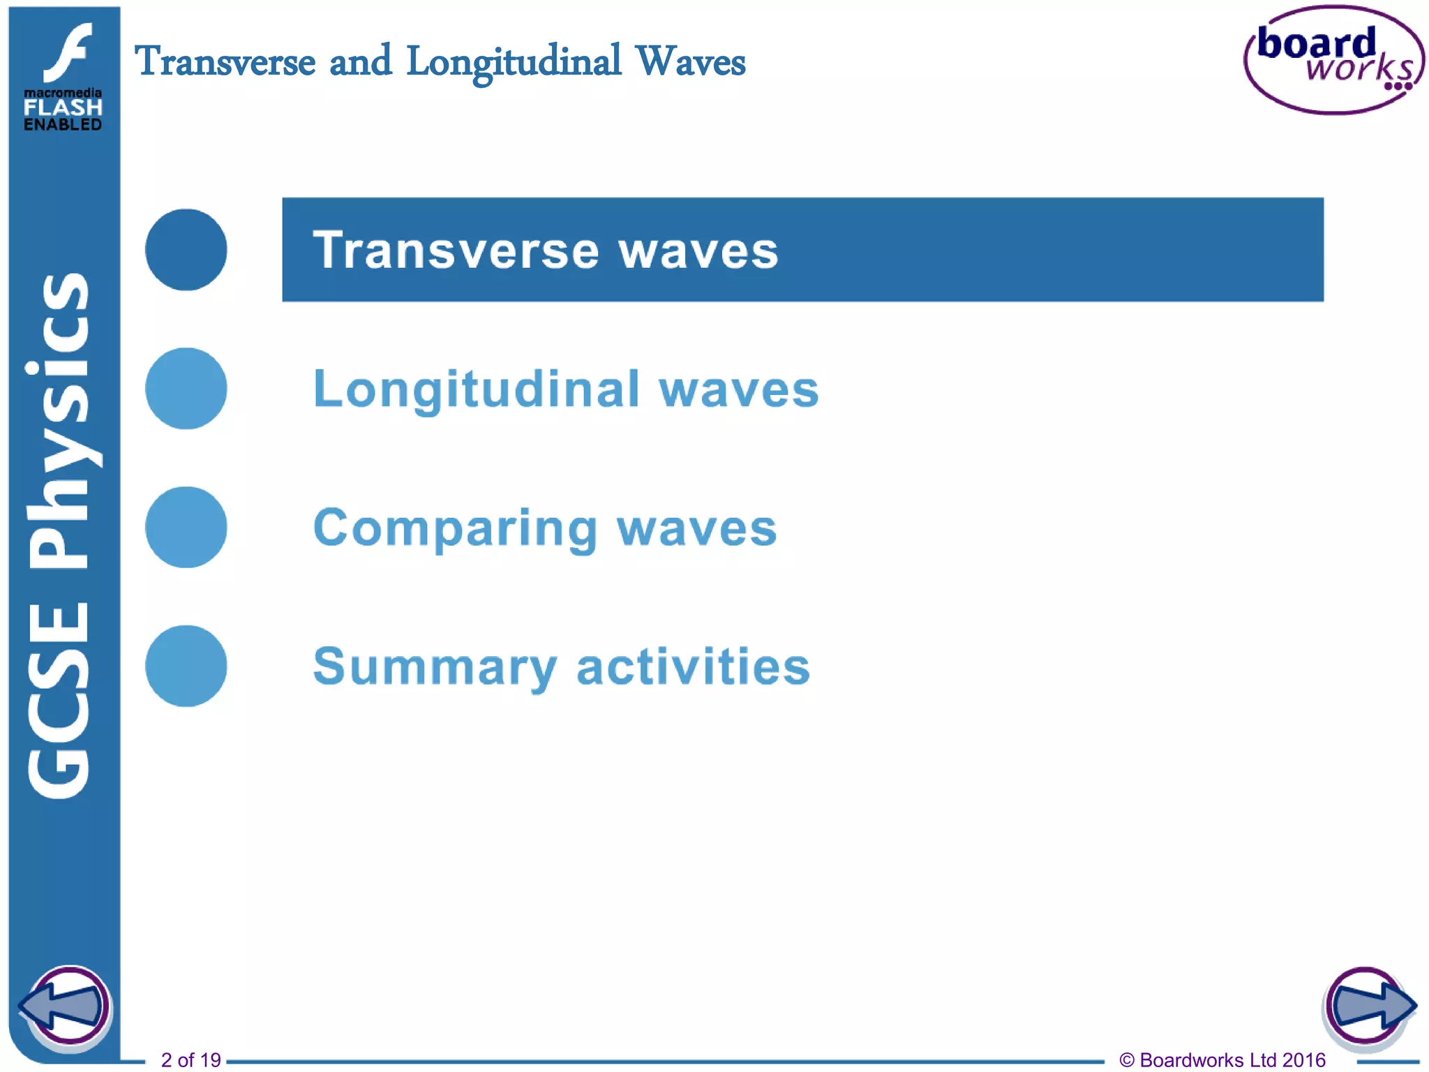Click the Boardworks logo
click(x=1333, y=60)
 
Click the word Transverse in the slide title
click(x=225, y=61)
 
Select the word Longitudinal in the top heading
click(x=514, y=63)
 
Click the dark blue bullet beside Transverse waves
click(x=186, y=250)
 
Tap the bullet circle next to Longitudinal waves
click(x=186, y=388)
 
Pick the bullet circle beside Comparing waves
click(x=186, y=527)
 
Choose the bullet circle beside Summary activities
click(x=186, y=666)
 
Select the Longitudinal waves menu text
click(x=565, y=389)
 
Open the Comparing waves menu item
click(x=544, y=528)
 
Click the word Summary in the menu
click(x=435, y=667)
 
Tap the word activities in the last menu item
click(x=693, y=667)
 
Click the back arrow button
click(x=64, y=1006)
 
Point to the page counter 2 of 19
click(x=190, y=1059)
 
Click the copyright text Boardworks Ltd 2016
click(x=1222, y=1059)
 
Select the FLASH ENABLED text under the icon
click(x=63, y=116)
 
